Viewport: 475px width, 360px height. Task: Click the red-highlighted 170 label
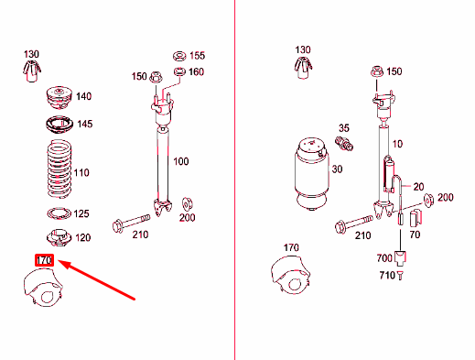pyautogui.click(x=44, y=260)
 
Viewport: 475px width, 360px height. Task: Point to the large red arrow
pyautogui.click(x=96, y=279)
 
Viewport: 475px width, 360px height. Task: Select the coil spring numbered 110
pyautogui.click(x=59, y=169)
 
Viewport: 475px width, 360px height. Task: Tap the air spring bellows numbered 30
pyautogui.click(x=312, y=174)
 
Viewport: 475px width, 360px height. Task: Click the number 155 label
pyautogui.click(x=197, y=56)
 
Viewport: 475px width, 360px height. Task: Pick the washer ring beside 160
pyautogui.click(x=179, y=71)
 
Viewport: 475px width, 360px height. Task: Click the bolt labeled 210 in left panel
pyautogui.click(x=132, y=223)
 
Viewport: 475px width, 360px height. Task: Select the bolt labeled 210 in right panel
pyautogui.click(x=354, y=224)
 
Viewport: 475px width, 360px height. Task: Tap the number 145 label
pyautogui.click(x=84, y=124)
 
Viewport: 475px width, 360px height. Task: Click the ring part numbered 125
pyautogui.click(x=59, y=213)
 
